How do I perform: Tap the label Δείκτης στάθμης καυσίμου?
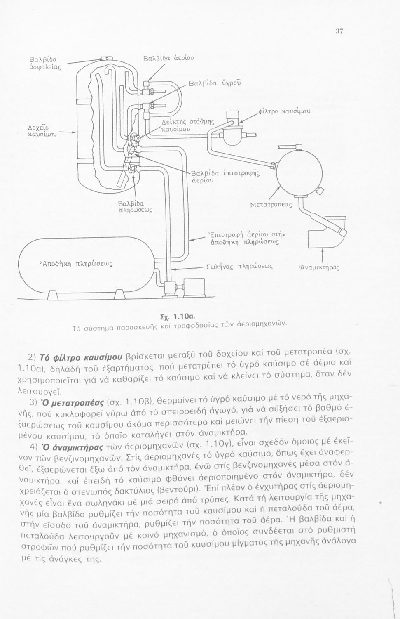click(x=185, y=125)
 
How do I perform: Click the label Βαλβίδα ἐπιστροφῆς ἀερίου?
click(x=225, y=176)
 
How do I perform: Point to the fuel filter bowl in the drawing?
click(x=234, y=133)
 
